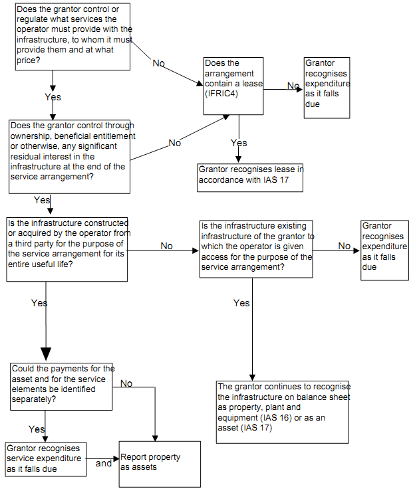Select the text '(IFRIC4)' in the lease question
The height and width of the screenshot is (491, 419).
222,94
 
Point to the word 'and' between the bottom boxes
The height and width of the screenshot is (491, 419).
103,463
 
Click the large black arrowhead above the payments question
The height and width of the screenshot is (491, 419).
46,352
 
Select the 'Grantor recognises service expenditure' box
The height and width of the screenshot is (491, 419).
45,458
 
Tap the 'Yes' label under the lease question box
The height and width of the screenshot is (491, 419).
239,143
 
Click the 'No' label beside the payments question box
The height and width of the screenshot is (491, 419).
126,383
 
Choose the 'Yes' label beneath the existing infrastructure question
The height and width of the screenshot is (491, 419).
241,303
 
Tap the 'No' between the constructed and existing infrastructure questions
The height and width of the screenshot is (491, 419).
166,246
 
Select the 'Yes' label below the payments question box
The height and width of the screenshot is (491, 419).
37,429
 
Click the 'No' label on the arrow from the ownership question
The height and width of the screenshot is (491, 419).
175,143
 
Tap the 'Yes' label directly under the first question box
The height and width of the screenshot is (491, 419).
53,97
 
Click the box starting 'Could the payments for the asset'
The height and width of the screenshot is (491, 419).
63,383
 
